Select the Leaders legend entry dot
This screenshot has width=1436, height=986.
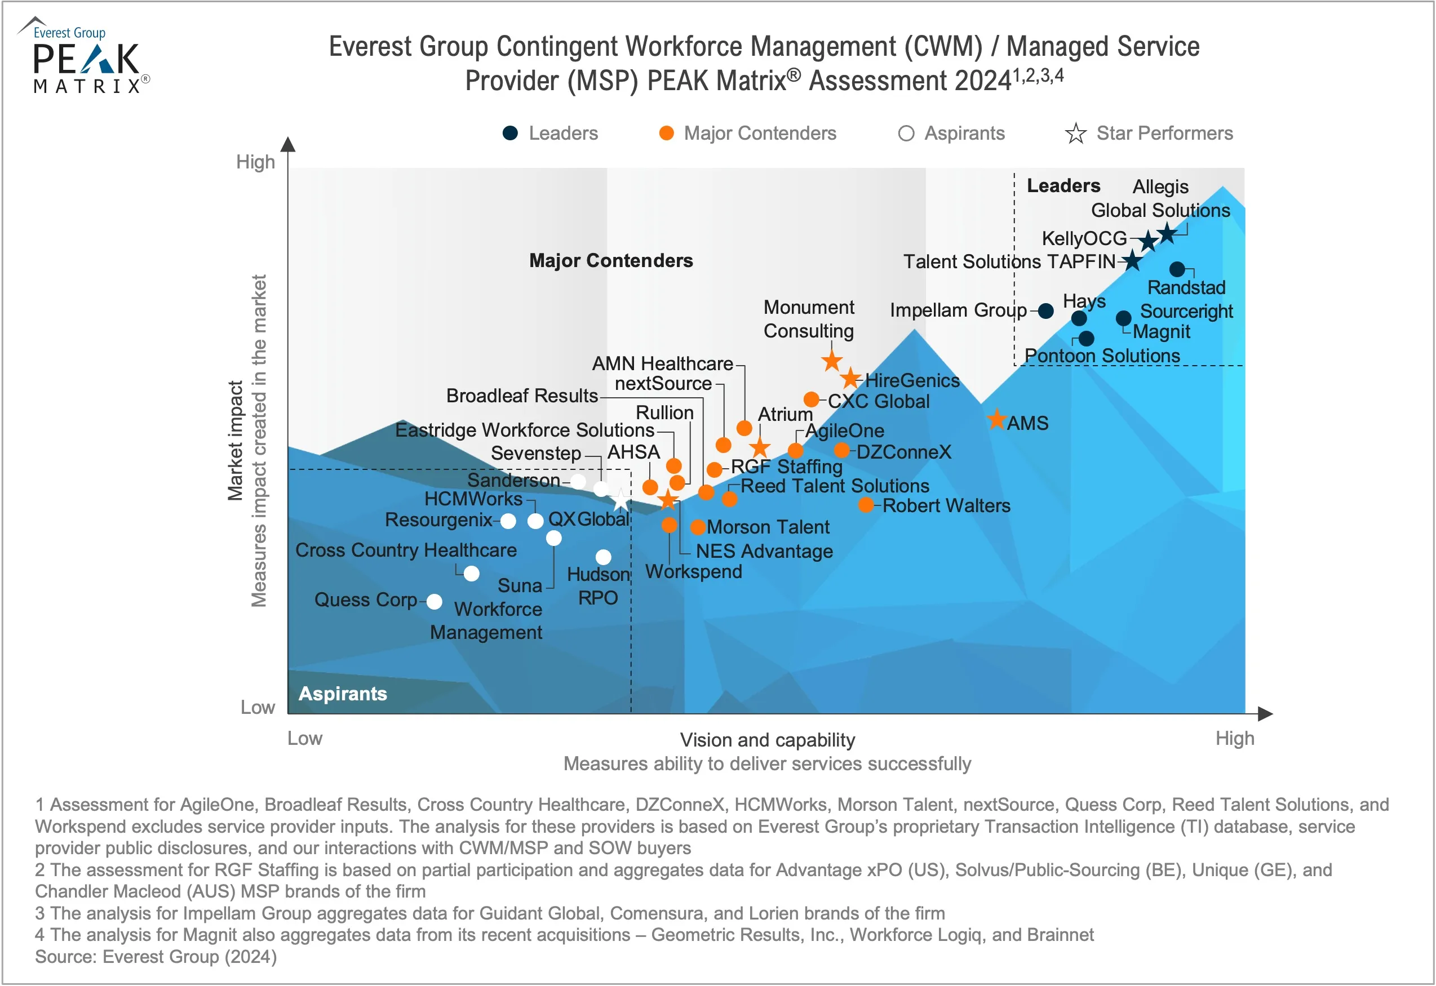coord(511,134)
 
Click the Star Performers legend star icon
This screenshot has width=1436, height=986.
coord(1076,134)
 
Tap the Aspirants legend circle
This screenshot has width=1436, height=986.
coord(906,134)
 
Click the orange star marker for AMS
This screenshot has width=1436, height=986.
coord(996,420)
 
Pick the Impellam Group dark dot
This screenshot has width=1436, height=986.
coord(1046,311)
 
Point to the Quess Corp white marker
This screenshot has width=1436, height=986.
coord(435,602)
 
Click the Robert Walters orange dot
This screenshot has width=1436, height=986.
coord(866,505)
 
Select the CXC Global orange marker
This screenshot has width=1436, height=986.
coord(812,399)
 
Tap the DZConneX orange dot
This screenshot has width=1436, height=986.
coord(841,450)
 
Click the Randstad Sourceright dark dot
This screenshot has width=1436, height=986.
coord(1177,269)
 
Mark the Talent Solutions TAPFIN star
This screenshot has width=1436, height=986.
coord(1132,261)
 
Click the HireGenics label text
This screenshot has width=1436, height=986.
coord(912,380)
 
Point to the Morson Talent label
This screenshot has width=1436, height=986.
coord(768,527)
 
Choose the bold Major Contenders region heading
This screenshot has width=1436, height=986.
coord(611,261)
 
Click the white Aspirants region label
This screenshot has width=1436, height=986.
coord(343,694)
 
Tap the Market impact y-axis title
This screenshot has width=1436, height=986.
coord(235,440)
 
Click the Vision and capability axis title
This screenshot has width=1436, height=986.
coord(768,739)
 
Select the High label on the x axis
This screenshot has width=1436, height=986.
coord(1235,738)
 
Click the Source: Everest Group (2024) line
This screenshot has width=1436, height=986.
coord(156,956)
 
